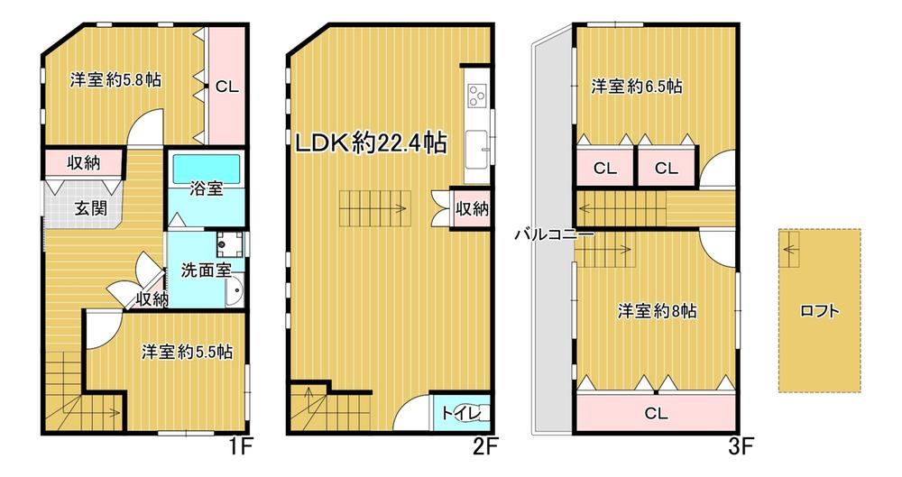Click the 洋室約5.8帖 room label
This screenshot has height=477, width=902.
[115, 79]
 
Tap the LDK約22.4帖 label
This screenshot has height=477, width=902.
[371, 142]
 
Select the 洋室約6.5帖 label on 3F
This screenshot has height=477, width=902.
[637, 87]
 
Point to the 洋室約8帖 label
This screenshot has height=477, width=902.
[657, 311]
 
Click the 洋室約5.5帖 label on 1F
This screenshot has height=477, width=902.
[187, 352]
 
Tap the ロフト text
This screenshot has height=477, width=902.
[820, 311]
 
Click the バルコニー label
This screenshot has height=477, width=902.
[554, 234]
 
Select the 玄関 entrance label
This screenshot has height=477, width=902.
[91, 207]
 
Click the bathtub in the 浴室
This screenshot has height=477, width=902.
[206, 168]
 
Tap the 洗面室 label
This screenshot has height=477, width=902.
[206, 270]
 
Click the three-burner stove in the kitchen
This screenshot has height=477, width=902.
[476, 95]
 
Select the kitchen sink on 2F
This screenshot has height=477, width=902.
[477, 149]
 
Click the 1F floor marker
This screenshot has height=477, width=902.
[239, 446]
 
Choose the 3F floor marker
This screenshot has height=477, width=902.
[741, 446]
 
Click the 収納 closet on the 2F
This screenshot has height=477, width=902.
[472, 208]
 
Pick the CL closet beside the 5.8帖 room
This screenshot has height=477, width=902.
[226, 87]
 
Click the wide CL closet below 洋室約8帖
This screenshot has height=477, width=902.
[656, 413]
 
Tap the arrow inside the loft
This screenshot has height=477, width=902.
[791, 249]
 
